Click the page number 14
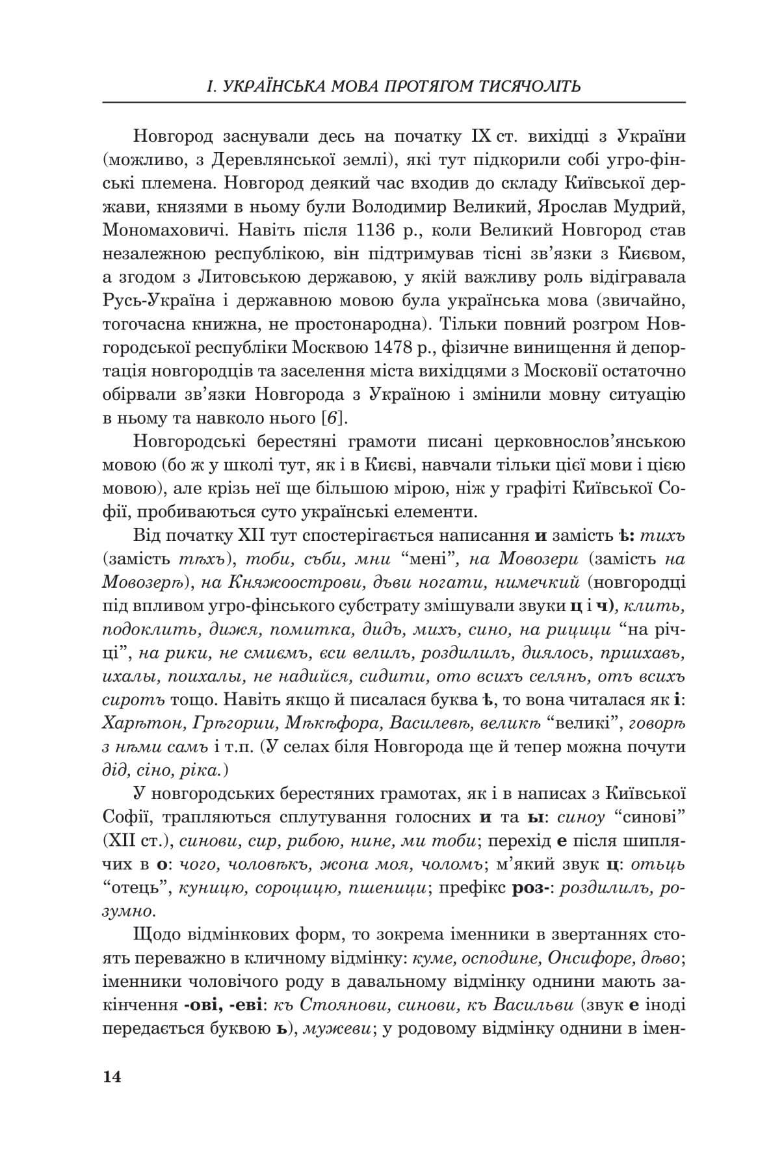[x=112, y=1077]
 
